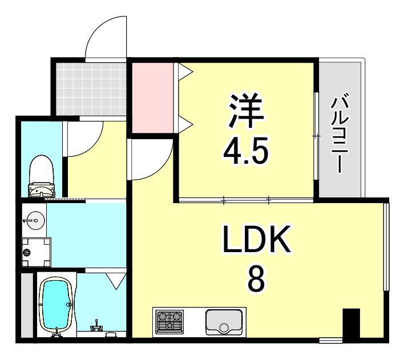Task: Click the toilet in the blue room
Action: pos(41,175)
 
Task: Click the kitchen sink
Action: pos(224,322)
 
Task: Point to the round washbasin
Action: pos(33,220)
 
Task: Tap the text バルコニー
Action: pos(341,134)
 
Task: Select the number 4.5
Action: pos(246,152)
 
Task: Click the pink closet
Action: pos(152,97)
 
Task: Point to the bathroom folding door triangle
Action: pos(116,280)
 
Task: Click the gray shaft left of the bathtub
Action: pos(25,305)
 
